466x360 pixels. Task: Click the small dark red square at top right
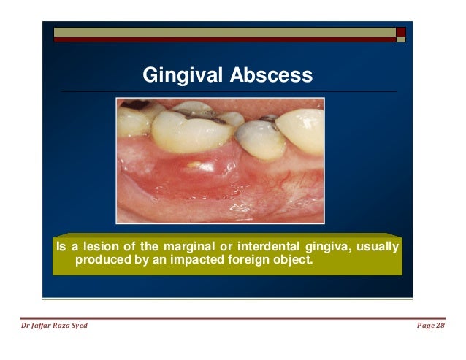click(401, 32)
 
